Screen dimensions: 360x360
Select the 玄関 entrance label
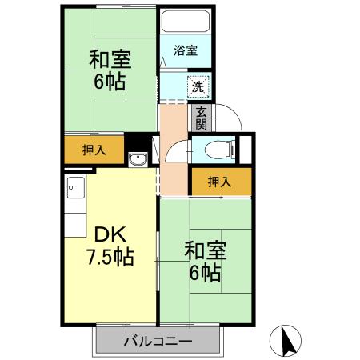pos(200,118)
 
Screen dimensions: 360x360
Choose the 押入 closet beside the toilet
pos(219,182)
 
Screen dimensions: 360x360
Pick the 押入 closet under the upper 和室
pos(94,149)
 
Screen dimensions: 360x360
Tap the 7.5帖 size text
pos(110,258)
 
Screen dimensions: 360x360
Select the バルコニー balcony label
pos(158,342)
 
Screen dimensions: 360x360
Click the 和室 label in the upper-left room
pos(110,60)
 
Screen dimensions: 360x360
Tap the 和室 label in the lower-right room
pos(206,250)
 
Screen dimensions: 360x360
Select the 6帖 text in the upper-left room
pos(110,82)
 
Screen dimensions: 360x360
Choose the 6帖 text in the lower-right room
pos(206,273)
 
